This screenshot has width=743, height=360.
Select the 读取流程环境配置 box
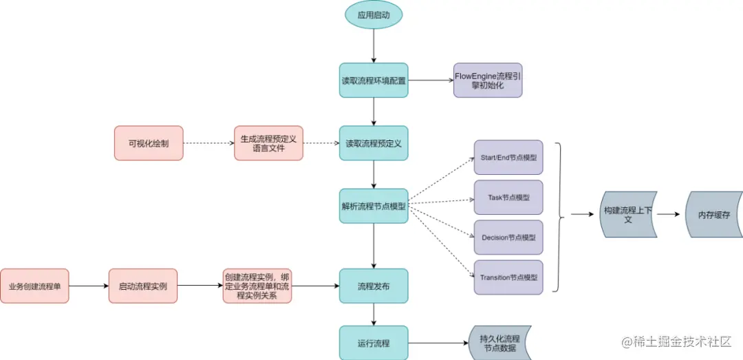click(374, 81)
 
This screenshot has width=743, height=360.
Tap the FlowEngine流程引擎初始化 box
click(488, 81)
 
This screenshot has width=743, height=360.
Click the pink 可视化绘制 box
click(149, 143)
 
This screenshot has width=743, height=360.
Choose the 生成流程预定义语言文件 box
click(268, 143)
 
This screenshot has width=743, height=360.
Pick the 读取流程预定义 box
click(374, 143)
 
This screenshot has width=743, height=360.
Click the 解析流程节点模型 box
click(374, 205)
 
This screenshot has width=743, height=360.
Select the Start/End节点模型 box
click(508, 158)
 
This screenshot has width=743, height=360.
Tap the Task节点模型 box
click(508, 198)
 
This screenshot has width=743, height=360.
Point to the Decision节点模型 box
click(508, 237)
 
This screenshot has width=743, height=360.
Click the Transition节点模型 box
click(508, 277)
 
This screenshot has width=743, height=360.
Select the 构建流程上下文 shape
click(628, 215)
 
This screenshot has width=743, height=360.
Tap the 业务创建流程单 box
click(34, 286)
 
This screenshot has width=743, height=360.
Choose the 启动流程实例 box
click(143, 286)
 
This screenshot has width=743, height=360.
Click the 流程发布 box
click(374, 286)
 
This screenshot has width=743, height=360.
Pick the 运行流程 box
click(374, 342)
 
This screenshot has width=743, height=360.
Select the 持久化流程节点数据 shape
click(499, 342)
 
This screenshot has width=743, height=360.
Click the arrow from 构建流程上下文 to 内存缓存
click(671, 215)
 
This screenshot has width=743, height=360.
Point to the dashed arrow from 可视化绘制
click(208, 143)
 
